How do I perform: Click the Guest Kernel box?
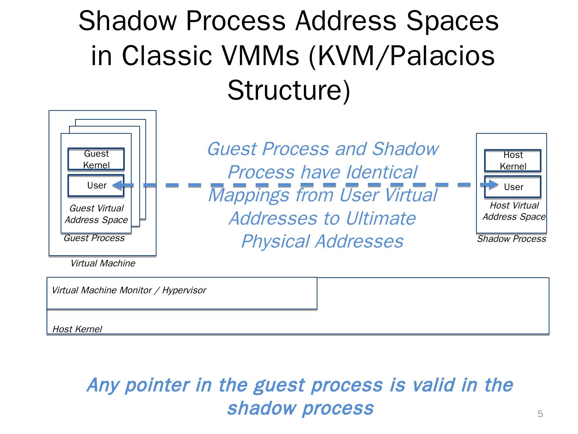96,159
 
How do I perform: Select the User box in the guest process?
96,185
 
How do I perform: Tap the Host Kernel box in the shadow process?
513,160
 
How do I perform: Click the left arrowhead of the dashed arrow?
117,185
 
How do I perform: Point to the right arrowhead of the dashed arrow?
493,185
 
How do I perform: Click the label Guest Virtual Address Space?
96,214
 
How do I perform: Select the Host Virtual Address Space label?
514,211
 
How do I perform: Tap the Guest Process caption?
94,238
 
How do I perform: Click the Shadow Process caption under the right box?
511,239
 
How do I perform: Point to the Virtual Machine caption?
103,263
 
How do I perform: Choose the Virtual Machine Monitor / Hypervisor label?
129,290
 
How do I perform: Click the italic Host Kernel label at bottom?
77,329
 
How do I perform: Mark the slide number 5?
540,414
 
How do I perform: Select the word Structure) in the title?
289,90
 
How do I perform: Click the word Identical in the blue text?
381,172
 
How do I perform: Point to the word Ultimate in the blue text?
380,218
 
